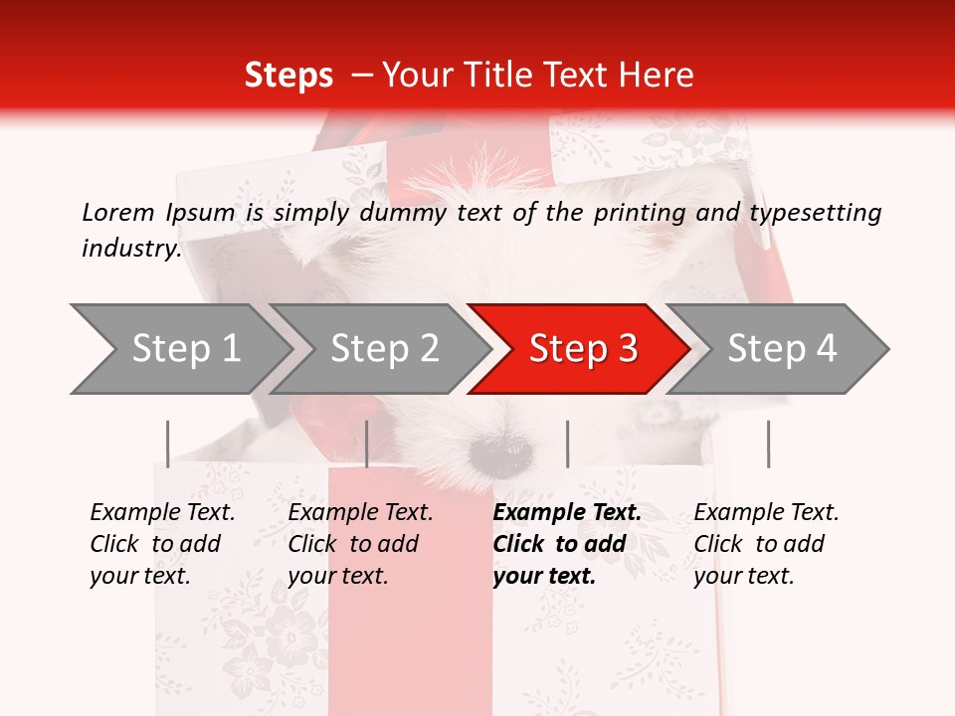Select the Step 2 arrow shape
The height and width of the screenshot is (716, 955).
point(383,349)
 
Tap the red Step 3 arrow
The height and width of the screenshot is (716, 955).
point(581,349)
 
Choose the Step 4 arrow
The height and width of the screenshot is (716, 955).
point(780,349)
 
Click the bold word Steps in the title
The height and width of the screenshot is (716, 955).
point(288,76)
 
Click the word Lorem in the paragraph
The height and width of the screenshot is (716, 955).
point(118,212)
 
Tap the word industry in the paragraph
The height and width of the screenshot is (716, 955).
point(130,248)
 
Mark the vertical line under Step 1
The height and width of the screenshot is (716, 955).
point(168,444)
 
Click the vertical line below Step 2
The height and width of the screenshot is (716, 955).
point(367,444)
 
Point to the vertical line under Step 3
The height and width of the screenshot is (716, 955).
point(567,444)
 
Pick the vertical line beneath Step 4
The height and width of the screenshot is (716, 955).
point(768,444)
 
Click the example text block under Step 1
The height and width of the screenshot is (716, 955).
point(162,544)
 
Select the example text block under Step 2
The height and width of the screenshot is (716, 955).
point(360,544)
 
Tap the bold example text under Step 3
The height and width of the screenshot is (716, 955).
point(567,544)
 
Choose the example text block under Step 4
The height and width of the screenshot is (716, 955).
point(766,544)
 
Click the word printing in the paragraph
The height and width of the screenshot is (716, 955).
point(640,212)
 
